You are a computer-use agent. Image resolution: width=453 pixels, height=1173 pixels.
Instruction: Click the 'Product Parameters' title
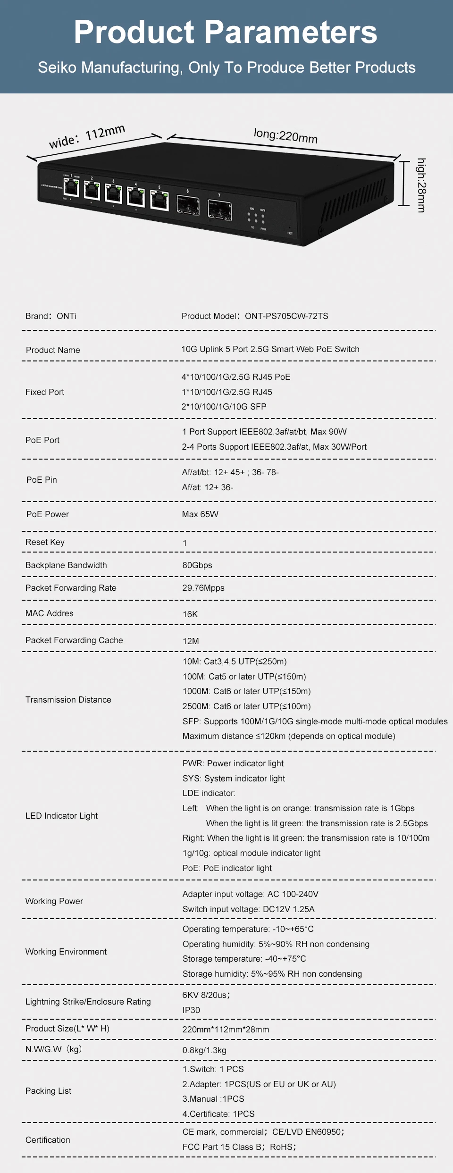click(x=226, y=32)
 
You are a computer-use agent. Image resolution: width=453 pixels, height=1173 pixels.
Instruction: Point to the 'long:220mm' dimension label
click(x=285, y=135)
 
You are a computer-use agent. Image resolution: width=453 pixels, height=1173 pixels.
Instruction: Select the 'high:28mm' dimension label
click(x=421, y=185)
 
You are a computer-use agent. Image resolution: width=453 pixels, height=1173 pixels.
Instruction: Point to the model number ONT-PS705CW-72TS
click(x=286, y=316)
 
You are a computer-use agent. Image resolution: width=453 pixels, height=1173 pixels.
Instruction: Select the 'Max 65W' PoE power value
click(x=200, y=514)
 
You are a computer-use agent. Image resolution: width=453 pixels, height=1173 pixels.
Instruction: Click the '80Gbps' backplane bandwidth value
click(x=197, y=565)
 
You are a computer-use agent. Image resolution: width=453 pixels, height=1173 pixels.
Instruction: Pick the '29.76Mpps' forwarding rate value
click(x=203, y=588)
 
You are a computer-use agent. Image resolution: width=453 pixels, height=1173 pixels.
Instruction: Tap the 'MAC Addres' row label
click(x=50, y=613)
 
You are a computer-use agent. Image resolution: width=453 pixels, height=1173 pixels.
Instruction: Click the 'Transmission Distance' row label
click(x=68, y=700)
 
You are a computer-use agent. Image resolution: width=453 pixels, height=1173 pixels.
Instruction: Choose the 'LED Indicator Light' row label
click(x=62, y=816)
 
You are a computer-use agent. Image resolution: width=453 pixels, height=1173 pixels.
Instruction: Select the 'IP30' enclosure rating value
click(x=191, y=1010)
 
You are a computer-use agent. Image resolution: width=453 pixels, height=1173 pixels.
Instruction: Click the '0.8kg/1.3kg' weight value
click(x=204, y=1050)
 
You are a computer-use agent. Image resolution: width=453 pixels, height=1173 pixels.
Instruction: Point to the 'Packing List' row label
click(x=49, y=1091)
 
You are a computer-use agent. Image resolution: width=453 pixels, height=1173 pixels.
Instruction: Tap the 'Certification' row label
click(x=48, y=1140)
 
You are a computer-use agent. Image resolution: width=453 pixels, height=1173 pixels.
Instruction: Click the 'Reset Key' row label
click(x=45, y=542)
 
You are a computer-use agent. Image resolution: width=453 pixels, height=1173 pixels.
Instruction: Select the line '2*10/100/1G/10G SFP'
click(x=224, y=407)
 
